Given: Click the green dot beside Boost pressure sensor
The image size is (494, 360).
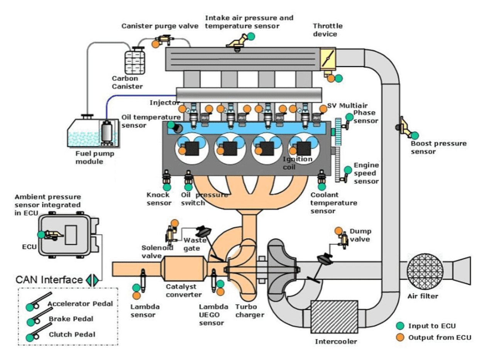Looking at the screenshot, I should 415,136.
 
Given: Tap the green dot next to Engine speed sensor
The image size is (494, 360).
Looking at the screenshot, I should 348,170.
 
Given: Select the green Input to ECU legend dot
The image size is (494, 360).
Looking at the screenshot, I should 401,326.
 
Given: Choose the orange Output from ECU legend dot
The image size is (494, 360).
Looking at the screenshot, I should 401,337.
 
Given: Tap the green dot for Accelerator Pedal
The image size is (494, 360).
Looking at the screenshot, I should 30,308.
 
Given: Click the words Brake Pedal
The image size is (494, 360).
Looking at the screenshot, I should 71,319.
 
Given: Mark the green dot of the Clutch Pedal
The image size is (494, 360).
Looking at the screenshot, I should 30,337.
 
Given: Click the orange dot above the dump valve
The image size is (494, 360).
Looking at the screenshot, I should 338,231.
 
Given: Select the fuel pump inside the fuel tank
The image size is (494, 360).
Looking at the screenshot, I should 107,134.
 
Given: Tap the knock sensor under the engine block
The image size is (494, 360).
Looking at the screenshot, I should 167,179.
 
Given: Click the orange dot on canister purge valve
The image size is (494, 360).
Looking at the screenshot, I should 155,44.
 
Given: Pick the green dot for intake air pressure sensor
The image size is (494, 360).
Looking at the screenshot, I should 251,36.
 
